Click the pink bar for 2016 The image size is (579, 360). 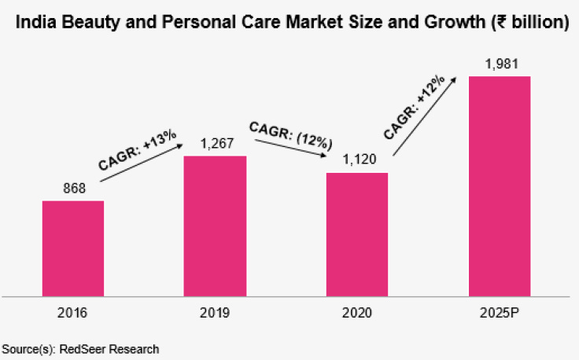(x=73, y=248)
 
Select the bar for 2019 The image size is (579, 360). (x=215, y=226)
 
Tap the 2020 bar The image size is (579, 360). (x=357, y=234)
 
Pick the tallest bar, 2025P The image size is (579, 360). (x=500, y=186)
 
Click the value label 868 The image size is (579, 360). (x=74, y=189)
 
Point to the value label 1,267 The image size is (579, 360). (x=217, y=144)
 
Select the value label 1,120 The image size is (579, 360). (x=360, y=160)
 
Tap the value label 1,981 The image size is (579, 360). (x=501, y=64)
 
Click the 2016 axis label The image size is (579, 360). (x=72, y=313)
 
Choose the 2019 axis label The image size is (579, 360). (x=215, y=313)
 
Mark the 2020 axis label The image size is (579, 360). (x=356, y=313)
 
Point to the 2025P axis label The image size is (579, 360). (x=500, y=313)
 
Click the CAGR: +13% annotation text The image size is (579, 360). (x=138, y=150)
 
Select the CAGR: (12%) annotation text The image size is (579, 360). (x=290, y=136)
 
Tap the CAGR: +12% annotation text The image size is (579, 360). (x=414, y=108)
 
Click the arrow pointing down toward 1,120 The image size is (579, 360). (x=291, y=149)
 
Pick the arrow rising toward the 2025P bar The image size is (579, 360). (x=425, y=116)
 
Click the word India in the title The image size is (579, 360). (x=36, y=22)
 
